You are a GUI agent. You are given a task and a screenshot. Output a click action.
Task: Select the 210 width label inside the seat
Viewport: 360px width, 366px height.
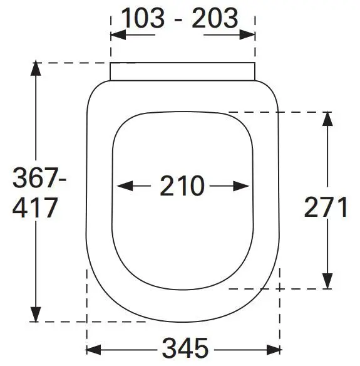click(182, 186)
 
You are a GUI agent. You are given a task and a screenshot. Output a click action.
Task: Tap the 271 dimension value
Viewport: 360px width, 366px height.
click(326, 207)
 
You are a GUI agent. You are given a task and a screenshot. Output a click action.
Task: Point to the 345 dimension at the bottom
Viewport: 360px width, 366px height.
click(184, 347)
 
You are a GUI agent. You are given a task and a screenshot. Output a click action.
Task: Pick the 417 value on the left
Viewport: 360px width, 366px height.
click(36, 207)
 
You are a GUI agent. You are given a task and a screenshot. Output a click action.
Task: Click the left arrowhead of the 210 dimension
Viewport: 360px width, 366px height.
click(123, 186)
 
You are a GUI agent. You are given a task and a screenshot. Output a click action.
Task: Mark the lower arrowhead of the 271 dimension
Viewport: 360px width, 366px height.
click(326, 283)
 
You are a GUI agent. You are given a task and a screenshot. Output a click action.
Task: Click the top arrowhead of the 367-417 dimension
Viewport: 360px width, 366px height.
click(36, 70)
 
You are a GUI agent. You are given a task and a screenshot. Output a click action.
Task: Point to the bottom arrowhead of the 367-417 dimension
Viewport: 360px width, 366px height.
click(36, 316)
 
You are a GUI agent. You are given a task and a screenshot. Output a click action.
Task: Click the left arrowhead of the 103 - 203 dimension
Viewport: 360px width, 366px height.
click(116, 35)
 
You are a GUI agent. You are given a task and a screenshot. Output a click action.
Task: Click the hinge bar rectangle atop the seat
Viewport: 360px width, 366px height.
click(183, 72)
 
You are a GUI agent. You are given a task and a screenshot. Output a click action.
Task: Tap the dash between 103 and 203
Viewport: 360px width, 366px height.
click(179, 20)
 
